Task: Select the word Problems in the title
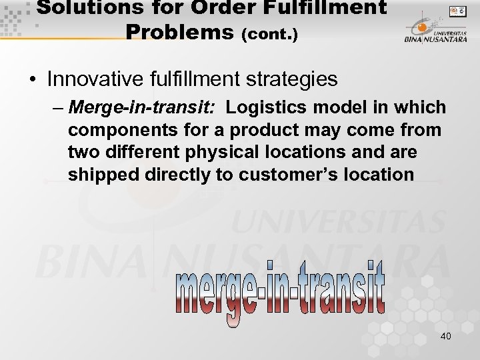pos(178,31)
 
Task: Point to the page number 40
pos(445,336)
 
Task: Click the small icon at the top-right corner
pos(457,11)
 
